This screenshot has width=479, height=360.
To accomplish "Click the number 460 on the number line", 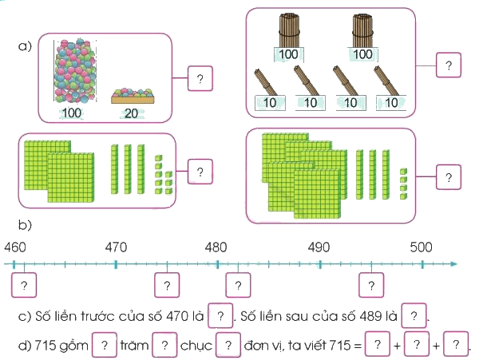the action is (15, 247).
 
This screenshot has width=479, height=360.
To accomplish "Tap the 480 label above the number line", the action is (216, 247).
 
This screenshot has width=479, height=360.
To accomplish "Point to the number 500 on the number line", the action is (421, 247).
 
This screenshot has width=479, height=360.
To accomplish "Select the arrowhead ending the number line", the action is (454, 264).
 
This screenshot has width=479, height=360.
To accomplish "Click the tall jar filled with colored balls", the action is (75, 71).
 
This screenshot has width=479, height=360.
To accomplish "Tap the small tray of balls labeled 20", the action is (133, 96).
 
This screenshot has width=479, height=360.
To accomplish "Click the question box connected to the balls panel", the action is (200, 78).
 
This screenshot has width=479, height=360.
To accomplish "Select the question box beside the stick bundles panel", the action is (449, 65).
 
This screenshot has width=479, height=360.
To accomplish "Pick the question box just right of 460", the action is (24, 285).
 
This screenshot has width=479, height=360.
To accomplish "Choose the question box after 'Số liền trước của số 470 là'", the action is (220, 315).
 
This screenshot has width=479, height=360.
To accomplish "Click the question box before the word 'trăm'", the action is (105, 345).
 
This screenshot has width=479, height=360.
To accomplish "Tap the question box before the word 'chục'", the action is (164, 345).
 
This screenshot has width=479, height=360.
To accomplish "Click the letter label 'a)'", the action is (25, 46).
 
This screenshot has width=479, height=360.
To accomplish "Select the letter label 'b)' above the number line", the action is (25, 225).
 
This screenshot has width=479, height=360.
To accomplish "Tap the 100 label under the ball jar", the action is (72, 113).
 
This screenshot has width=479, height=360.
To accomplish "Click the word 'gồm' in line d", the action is (73, 346).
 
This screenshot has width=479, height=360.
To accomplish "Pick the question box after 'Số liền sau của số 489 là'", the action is (414, 315).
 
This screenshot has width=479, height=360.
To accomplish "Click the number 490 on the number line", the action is (319, 247).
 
